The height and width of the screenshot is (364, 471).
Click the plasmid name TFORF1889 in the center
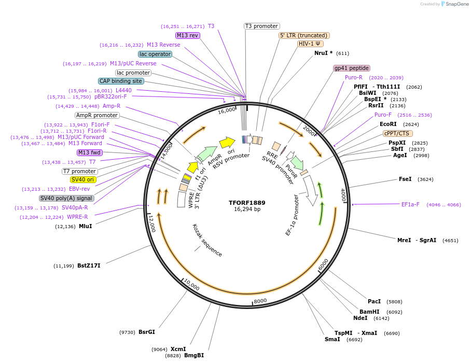(246, 202)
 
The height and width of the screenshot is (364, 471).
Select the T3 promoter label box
(261, 26)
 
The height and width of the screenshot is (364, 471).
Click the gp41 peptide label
(352, 68)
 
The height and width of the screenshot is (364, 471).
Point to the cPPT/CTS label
(398, 133)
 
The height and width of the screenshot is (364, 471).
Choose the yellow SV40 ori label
(83, 179)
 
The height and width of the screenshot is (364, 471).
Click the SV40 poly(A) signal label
(66, 198)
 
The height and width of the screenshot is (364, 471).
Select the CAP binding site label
(121, 81)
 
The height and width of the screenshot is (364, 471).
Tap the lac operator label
(155, 54)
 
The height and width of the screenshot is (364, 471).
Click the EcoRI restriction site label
(388, 124)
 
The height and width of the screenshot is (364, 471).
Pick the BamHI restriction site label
(369, 312)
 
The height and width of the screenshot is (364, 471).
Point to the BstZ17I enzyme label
(89, 266)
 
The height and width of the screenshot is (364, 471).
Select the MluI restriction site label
(86, 226)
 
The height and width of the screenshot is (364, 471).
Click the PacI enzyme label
(374, 301)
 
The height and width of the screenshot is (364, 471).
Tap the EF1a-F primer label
(410, 204)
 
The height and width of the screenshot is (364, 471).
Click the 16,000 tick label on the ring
(226, 111)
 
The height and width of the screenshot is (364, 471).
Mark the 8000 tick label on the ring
(260, 301)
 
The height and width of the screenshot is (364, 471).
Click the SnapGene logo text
(456, 4)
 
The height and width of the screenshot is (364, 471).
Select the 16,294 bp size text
(246, 209)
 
